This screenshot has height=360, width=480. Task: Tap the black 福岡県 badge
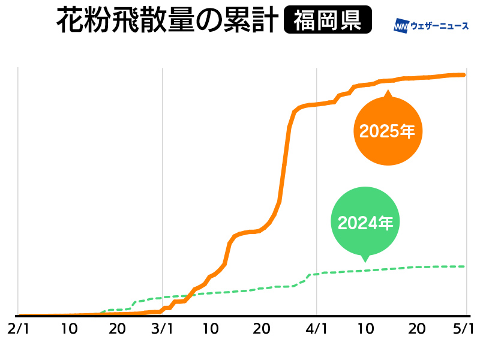(x=328, y=21)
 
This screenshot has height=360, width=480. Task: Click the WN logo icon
(x=401, y=26)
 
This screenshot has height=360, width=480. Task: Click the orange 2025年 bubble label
(x=387, y=131)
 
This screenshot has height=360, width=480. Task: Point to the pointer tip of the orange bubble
(x=388, y=91)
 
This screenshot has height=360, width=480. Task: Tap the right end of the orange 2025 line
(x=465, y=75)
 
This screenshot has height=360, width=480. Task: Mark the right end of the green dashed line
(x=465, y=266)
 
